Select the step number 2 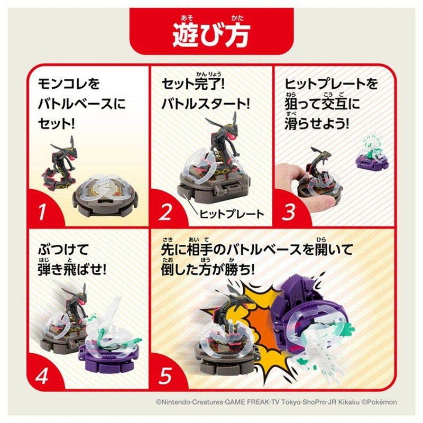coord(166,212)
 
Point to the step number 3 coord(288,212)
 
